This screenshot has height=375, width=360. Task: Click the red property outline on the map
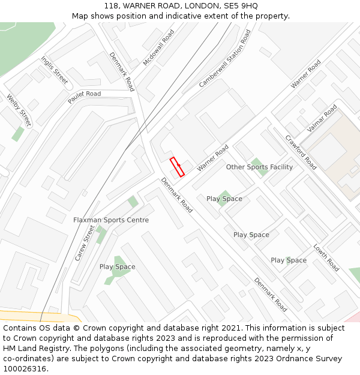[x=177, y=167]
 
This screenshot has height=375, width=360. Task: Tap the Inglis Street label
[x=55, y=70]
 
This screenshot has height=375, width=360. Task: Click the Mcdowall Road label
[x=158, y=48]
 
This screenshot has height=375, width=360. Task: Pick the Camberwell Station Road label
[x=224, y=59]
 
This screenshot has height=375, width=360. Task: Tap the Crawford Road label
[x=301, y=152]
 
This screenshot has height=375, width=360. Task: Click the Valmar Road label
[x=322, y=119]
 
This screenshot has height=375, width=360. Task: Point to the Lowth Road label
[x=326, y=257]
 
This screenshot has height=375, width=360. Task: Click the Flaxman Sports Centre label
[x=111, y=220]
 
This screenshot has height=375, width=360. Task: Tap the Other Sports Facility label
[x=259, y=167]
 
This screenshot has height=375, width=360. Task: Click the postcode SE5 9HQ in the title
[x=241, y=5]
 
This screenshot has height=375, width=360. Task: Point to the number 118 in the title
[x=111, y=5]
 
